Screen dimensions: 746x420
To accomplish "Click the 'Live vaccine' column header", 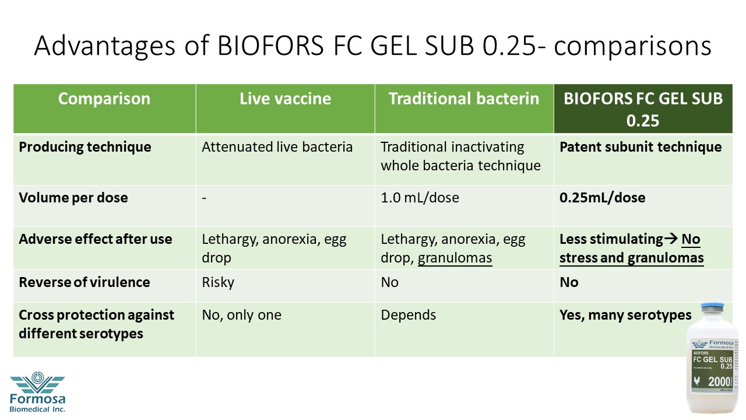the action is pos(285,99).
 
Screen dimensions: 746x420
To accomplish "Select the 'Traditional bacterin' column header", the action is pos(464,99).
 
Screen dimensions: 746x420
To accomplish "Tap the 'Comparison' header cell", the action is pos(104,99).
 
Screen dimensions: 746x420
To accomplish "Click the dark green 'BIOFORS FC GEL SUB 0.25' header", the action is pos(643,109).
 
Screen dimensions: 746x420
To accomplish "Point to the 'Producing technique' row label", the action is pos(85,147).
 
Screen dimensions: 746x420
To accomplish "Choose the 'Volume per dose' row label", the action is pos(73,198).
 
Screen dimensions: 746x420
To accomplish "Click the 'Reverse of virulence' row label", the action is pos(85,282).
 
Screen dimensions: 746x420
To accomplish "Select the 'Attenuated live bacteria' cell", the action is pos(277,147).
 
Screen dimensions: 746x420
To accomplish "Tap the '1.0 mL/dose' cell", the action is pos(420,198).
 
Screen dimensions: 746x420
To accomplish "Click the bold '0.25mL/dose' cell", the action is pos(602,198).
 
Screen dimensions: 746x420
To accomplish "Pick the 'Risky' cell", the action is pos(218,282).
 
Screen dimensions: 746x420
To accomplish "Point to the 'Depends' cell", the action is pos(409,315).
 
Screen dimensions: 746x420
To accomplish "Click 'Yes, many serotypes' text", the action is pos(625,315).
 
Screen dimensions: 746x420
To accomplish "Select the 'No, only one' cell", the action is pos(241,315).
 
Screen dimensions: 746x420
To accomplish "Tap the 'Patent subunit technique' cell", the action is pos(641,147).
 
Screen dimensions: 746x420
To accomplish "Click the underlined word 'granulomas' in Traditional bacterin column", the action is pos(455,258).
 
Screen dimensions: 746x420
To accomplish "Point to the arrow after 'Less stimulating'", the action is pos(671,239).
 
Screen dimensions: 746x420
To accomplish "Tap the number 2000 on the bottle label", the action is pos(719,381).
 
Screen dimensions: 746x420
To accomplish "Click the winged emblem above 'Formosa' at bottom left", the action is pos(37,382).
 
